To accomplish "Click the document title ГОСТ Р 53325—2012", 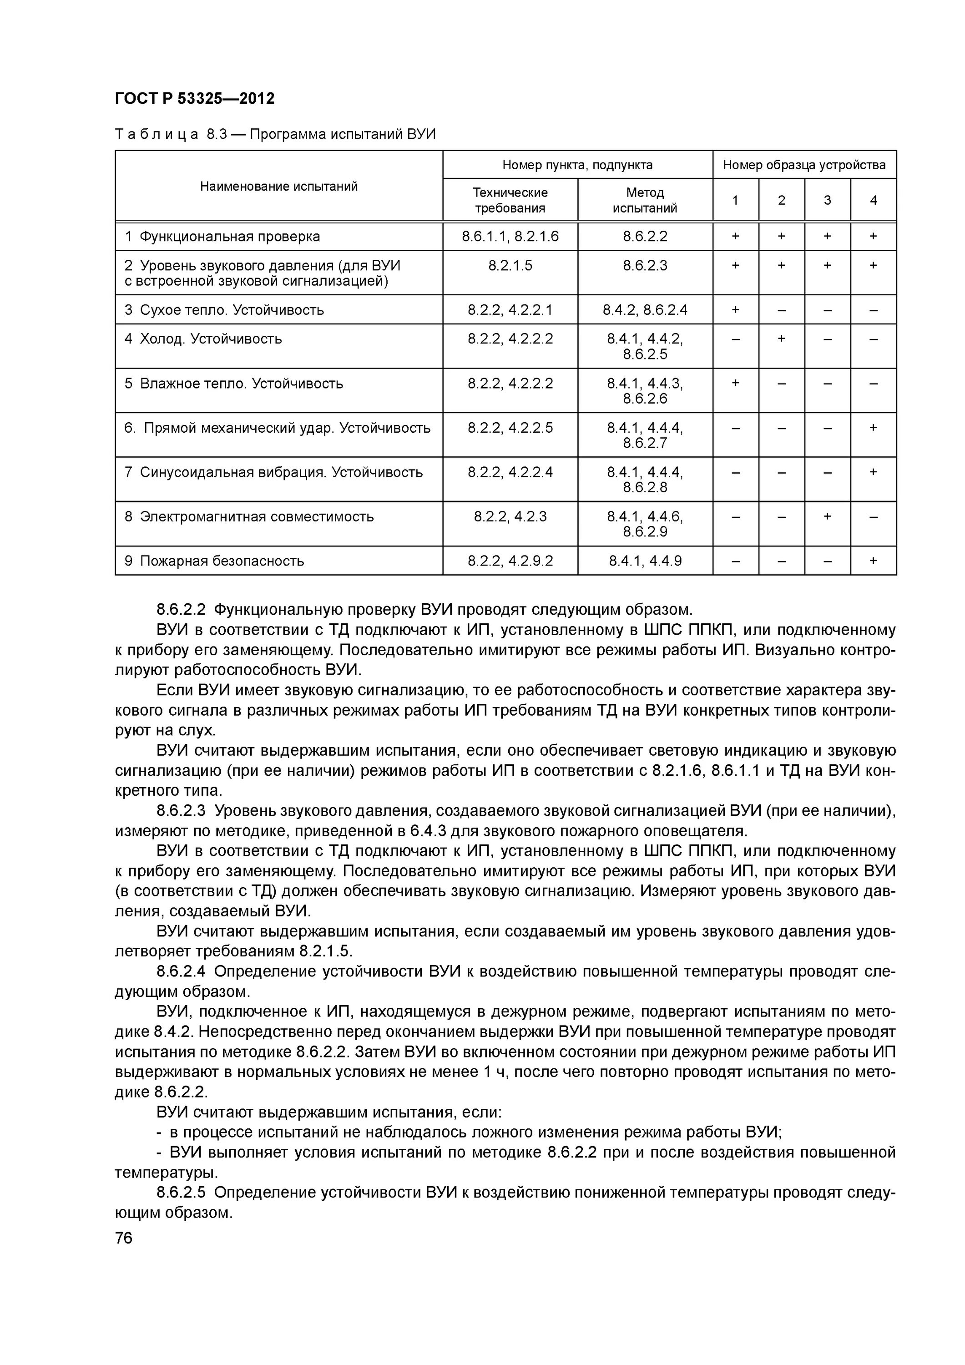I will [194, 99].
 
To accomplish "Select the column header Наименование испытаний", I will [278, 187].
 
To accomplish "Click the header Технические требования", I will [510, 200].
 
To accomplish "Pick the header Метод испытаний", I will [645, 200].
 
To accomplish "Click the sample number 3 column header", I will [827, 200].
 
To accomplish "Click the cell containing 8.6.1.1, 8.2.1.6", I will [510, 237].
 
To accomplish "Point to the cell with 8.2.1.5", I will [510, 266].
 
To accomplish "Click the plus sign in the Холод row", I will [781, 338].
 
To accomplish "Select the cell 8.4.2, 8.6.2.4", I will [645, 310].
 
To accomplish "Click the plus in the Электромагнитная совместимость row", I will [827, 516].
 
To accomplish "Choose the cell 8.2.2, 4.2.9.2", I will [510, 561].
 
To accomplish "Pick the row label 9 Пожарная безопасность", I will [214, 561].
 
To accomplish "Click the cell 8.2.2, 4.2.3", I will [510, 516].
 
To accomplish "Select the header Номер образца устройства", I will [804, 165].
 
